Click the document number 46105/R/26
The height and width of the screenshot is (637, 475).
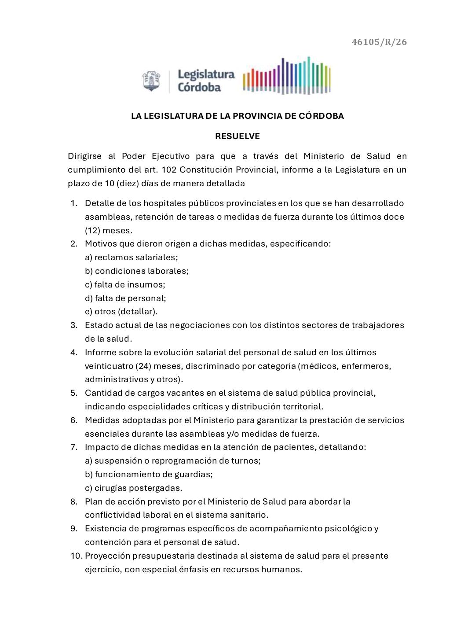click(x=379, y=42)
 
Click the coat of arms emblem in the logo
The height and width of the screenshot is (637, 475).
click(x=151, y=81)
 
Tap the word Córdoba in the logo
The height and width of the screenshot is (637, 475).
click(x=199, y=87)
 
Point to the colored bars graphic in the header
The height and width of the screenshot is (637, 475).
click(x=286, y=75)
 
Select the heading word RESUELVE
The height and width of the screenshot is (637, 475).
click(x=237, y=136)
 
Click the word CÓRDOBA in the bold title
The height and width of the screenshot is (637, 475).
click(x=322, y=116)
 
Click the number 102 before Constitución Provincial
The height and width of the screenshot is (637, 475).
click(x=169, y=170)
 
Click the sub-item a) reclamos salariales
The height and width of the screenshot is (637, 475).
click(x=132, y=258)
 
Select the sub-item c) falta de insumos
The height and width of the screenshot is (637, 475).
click(x=125, y=285)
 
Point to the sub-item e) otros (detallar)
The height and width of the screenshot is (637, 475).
click(x=121, y=312)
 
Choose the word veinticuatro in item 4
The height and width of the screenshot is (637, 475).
click(x=108, y=366)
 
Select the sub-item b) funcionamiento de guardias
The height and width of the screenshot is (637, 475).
click(x=149, y=475)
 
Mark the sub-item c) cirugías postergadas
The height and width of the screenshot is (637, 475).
click(x=133, y=488)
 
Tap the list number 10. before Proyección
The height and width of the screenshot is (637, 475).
click(x=77, y=556)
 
